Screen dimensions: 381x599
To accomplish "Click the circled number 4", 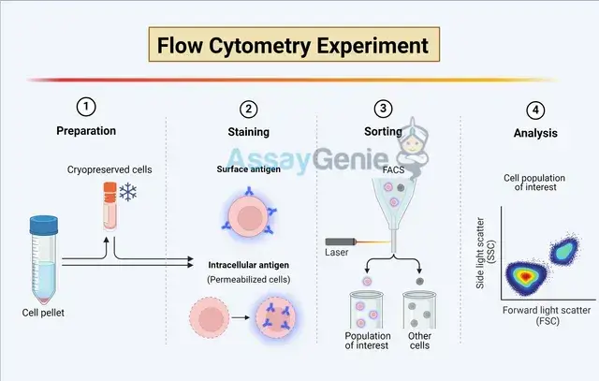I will point(535,108).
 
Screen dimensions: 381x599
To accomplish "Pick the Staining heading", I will point(249,134).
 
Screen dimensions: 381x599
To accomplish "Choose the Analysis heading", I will point(535,134).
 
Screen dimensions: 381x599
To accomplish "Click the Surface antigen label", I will point(246,170).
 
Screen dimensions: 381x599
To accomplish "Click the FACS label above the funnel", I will point(393,171).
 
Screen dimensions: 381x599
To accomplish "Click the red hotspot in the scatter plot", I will point(524,277).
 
